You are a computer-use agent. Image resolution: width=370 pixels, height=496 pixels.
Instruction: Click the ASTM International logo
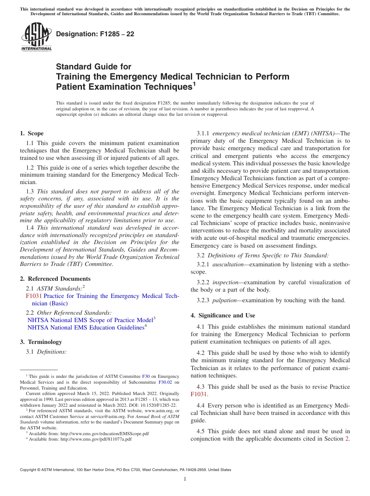tap(36, 37)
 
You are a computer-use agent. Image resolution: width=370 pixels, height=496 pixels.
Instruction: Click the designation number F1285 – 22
tap(95, 34)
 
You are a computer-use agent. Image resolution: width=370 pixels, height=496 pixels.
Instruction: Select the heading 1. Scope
tap(32, 133)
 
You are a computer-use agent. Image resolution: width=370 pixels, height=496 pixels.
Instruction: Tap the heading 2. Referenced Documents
tap(55, 279)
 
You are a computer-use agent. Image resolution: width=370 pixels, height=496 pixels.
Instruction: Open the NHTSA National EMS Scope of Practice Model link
tap(90, 320)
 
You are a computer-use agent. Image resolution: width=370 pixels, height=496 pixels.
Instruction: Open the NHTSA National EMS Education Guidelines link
tap(86, 328)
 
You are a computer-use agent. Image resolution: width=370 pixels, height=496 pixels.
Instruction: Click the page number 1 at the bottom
tap(185, 479)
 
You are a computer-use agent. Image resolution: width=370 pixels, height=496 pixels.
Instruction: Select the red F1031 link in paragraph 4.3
tap(198, 394)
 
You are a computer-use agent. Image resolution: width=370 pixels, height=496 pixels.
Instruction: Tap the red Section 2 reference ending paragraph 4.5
tap(347, 439)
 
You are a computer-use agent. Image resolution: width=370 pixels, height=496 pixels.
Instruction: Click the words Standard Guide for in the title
tap(93, 67)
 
